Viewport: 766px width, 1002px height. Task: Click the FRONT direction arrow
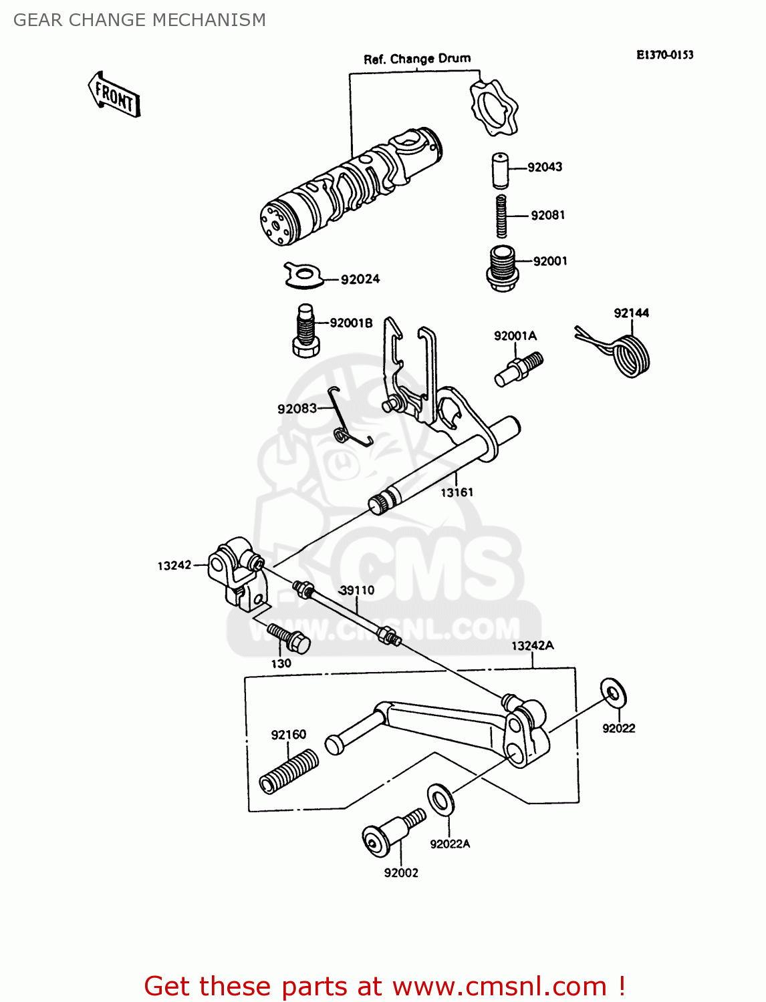pyautogui.click(x=114, y=96)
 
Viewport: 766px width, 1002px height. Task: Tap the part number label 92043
pyautogui.click(x=545, y=167)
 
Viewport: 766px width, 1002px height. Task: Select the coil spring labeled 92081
pyautogui.click(x=501, y=215)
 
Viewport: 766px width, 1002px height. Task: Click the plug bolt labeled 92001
pyautogui.click(x=501, y=268)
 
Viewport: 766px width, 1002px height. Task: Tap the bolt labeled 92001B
pyautogui.click(x=305, y=331)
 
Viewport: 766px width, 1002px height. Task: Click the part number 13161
pyautogui.click(x=457, y=492)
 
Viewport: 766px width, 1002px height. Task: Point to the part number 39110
pyautogui.click(x=357, y=591)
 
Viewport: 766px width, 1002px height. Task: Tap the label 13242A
pyautogui.click(x=532, y=645)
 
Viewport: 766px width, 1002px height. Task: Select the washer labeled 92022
pyautogui.click(x=613, y=693)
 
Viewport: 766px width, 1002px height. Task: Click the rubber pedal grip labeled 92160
pyautogui.click(x=289, y=771)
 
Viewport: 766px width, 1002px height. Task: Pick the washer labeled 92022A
pyautogui.click(x=439, y=799)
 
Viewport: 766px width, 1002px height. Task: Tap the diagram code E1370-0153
pyautogui.click(x=664, y=55)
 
